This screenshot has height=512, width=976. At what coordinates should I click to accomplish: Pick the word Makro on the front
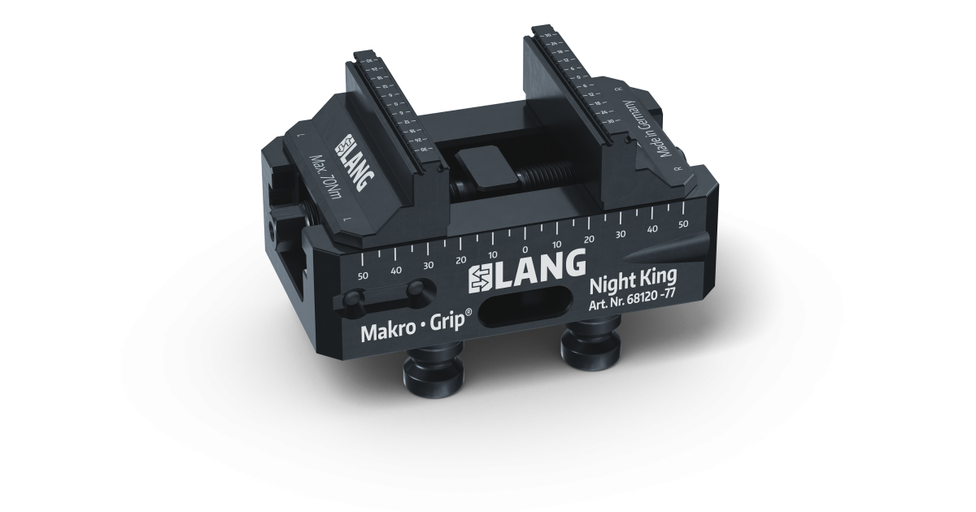[x=388, y=332]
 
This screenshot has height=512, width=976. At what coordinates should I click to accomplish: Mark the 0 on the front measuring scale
[x=525, y=249]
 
